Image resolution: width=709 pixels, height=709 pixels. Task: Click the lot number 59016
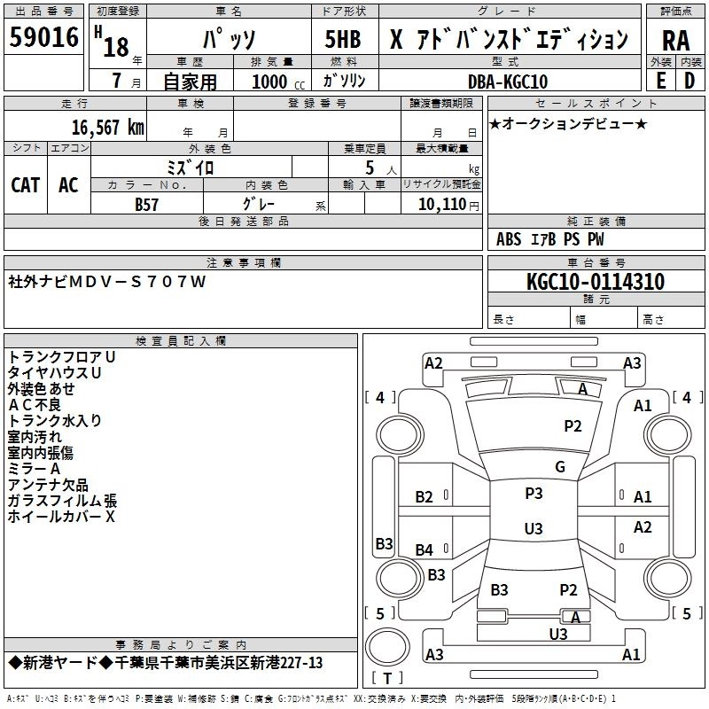pos(44,39)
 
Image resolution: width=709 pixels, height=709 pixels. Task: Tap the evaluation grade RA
pos(676,41)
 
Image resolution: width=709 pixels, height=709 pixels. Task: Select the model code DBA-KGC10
pos(508,82)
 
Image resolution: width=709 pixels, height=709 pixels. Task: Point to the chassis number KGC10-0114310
pos(595,282)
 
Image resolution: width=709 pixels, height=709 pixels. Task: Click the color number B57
pos(147,204)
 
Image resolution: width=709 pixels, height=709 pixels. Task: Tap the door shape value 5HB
pos(343,41)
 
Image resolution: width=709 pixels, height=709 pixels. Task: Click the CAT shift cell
pos(26,184)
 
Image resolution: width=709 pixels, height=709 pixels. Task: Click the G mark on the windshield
pos(559,467)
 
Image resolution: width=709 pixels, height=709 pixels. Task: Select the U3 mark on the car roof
pos(534,529)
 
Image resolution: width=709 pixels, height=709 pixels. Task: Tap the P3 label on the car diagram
pos(534,494)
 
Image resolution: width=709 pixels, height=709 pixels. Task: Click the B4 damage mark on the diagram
pos(425,550)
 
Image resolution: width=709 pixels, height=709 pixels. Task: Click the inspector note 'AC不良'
pos(34,404)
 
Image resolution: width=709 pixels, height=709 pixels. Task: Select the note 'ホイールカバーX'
pos(61,516)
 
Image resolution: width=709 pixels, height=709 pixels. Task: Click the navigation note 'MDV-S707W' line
pos(106,282)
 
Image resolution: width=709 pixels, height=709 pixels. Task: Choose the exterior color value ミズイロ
pos(191,167)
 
